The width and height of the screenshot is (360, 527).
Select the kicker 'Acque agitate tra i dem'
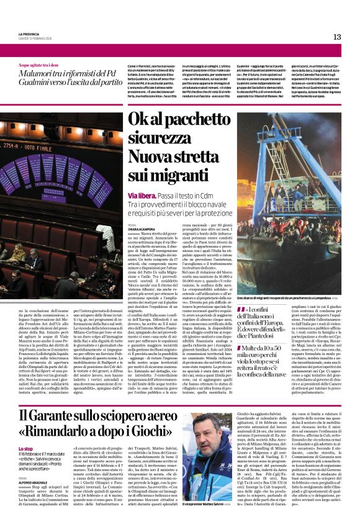[40, 65]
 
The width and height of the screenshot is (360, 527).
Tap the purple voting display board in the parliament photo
[62, 169]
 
